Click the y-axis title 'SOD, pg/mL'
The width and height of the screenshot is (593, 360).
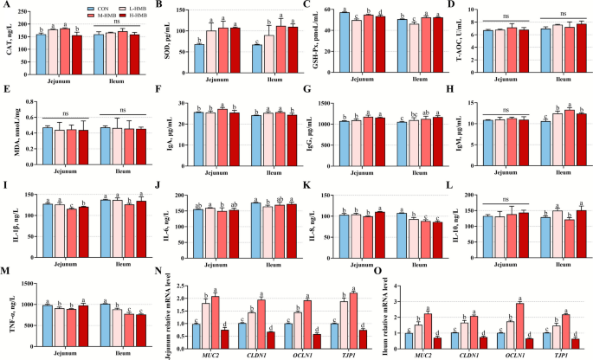coord(158,40)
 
